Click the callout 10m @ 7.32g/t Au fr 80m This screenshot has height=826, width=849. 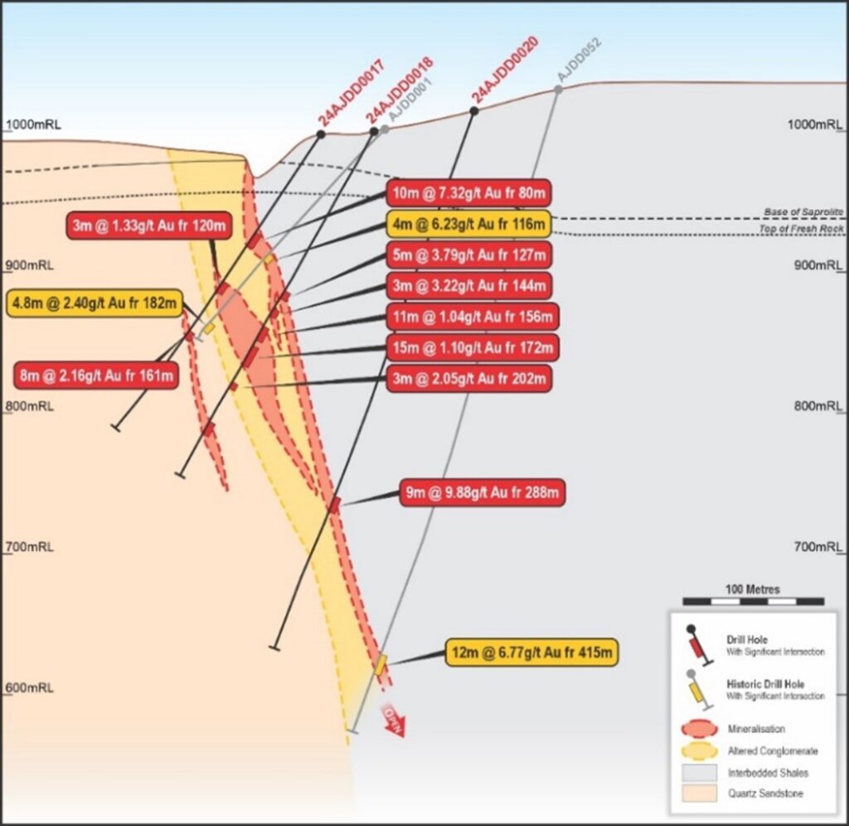pyautogui.click(x=468, y=193)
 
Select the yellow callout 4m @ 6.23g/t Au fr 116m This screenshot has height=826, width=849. pyautogui.click(x=468, y=223)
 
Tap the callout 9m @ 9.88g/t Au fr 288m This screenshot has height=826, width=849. pyautogui.click(x=484, y=492)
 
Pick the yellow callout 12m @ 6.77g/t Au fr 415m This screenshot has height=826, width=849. pyautogui.click(x=532, y=653)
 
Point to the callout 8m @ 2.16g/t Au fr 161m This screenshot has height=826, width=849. pyautogui.click(x=95, y=376)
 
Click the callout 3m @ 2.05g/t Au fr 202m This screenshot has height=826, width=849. pyautogui.click(x=468, y=378)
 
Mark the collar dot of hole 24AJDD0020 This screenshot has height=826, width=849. pyautogui.click(x=474, y=110)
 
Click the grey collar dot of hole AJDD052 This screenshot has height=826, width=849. pyautogui.click(x=558, y=89)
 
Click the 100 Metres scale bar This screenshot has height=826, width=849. pyautogui.click(x=753, y=600)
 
